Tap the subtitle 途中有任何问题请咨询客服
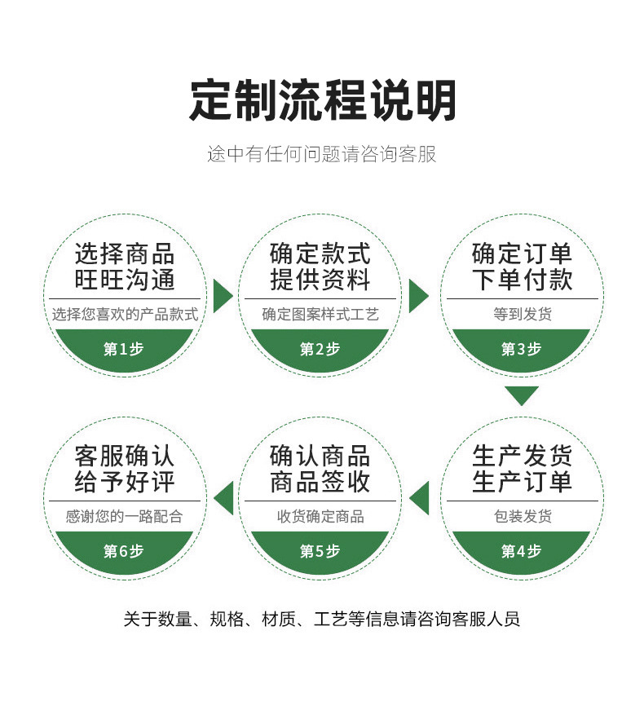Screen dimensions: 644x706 [x=322, y=154]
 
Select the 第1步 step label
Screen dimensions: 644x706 [x=124, y=349]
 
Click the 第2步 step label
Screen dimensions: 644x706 [x=320, y=349]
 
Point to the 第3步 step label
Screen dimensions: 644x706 [x=521, y=349]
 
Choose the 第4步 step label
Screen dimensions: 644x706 [x=521, y=551]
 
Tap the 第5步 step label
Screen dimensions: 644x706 [x=320, y=551]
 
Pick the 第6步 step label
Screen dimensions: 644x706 [x=124, y=551]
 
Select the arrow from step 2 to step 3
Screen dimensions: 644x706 [x=417, y=295]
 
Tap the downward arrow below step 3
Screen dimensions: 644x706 [x=522, y=396]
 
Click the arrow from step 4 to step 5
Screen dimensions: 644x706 [x=420, y=497]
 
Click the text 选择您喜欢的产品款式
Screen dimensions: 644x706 [x=125, y=314]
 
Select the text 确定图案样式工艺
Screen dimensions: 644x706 [x=320, y=314]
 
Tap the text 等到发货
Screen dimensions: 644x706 [x=522, y=314]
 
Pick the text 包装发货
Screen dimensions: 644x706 [x=522, y=516]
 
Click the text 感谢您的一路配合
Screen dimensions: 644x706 [x=125, y=516]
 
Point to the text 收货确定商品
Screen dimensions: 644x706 [x=320, y=516]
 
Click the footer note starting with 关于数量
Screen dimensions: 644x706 [x=322, y=619]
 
